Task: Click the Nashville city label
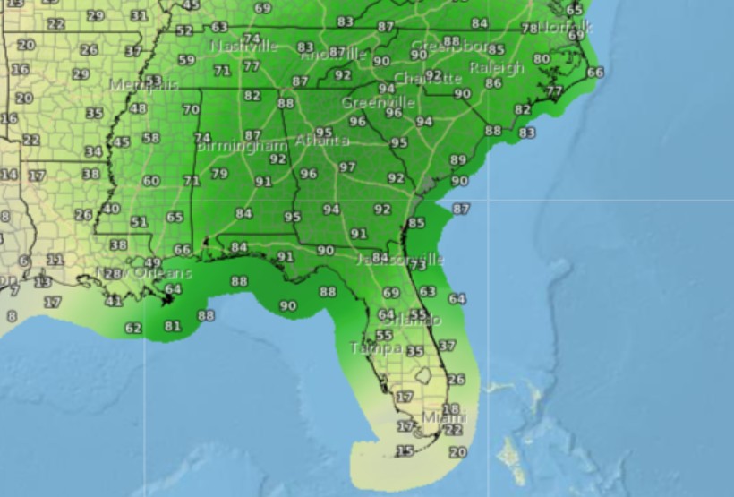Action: coord(243,46)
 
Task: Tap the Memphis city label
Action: coord(143,85)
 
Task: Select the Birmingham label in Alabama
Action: coord(241,145)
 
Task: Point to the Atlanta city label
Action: coord(322,141)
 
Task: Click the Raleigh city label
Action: coord(497,68)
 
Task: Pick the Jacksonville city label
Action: coord(400,260)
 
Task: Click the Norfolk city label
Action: coord(565,27)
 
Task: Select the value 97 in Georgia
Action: coord(347,167)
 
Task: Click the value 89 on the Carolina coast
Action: coord(458,160)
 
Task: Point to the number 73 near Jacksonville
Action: coord(417,264)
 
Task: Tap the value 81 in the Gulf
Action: coord(173,326)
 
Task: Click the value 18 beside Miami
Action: coord(451,409)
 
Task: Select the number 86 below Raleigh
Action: coord(493,83)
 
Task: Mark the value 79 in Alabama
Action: coord(219,174)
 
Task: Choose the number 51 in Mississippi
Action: coord(139,222)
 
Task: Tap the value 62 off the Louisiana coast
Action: coord(133,329)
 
